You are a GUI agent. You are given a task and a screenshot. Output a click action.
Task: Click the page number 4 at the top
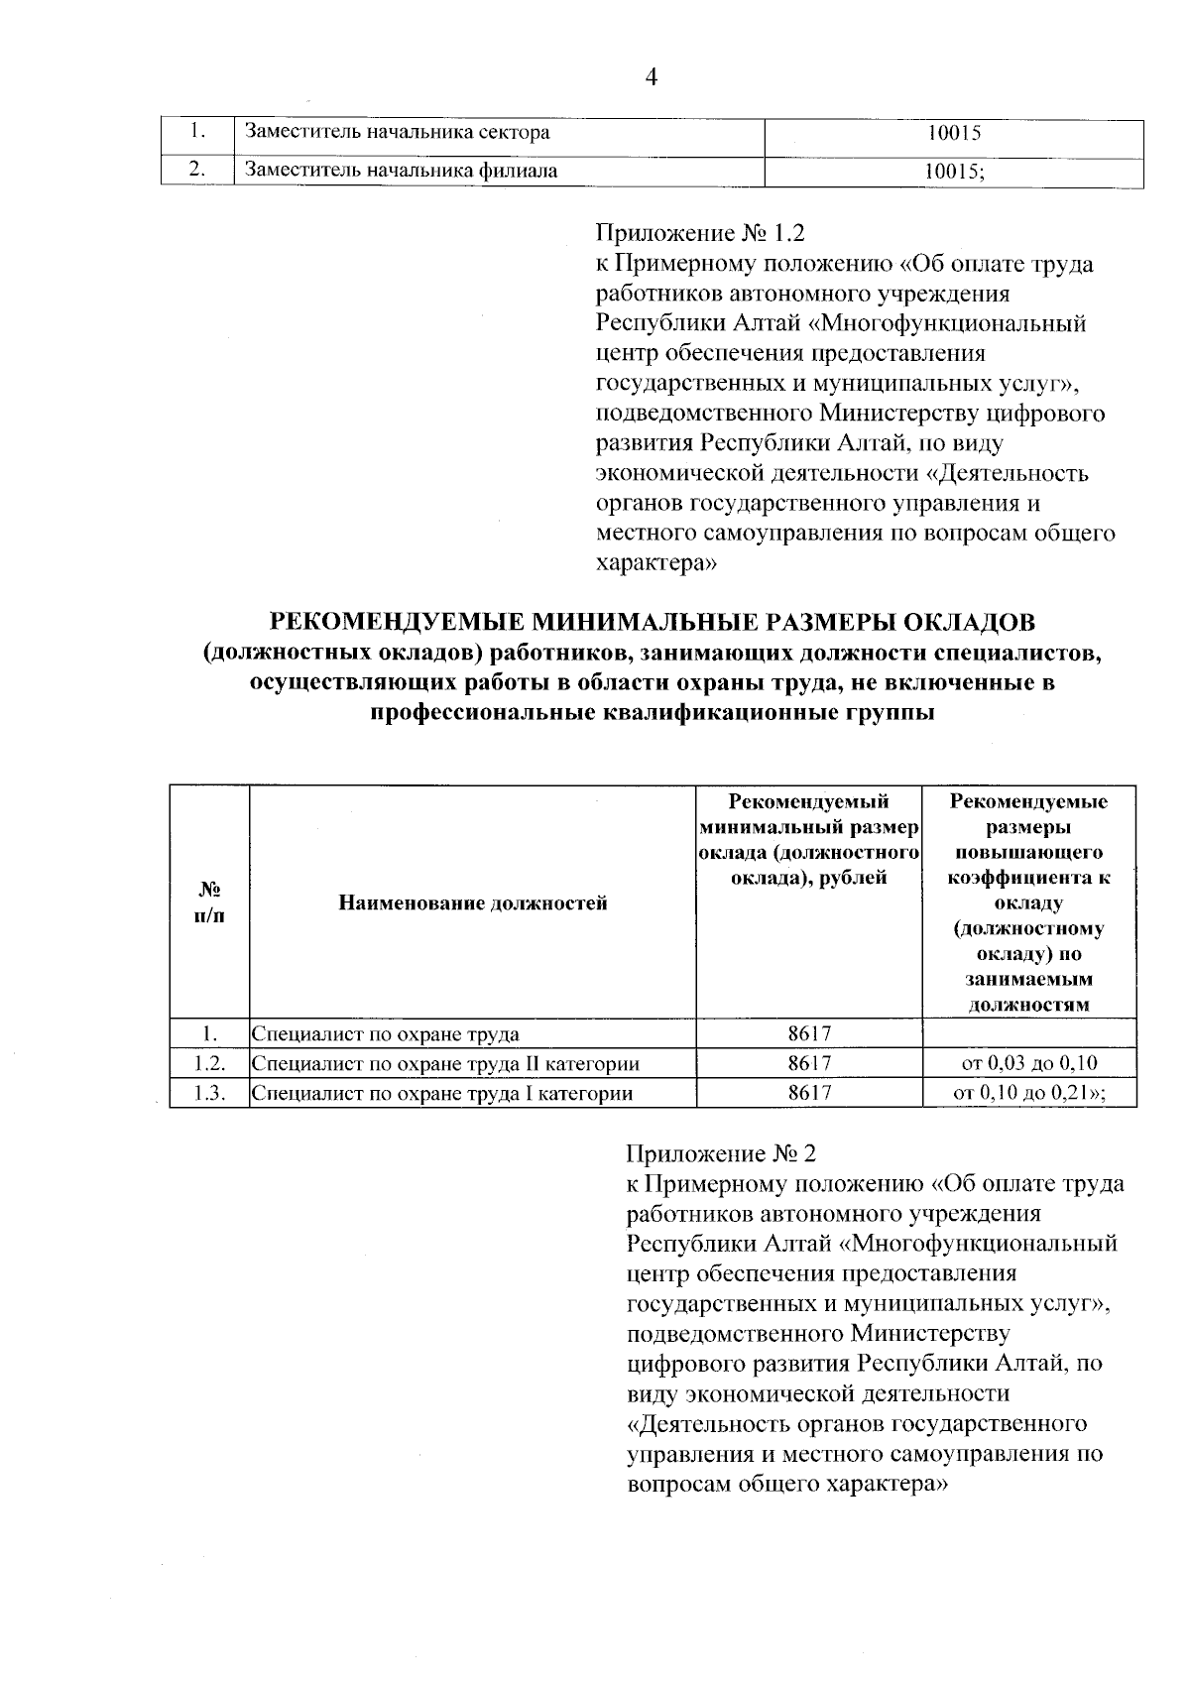(x=652, y=78)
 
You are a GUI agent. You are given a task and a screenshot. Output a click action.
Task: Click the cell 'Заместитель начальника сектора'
(x=398, y=132)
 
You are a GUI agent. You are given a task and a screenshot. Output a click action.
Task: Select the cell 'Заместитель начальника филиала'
(x=402, y=170)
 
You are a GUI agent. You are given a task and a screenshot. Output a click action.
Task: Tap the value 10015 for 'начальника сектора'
(x=954, y=132)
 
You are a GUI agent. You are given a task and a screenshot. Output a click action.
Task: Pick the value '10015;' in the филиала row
(x=954, y=170)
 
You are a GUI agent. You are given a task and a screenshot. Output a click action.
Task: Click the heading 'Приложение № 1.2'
(x=699, y=233)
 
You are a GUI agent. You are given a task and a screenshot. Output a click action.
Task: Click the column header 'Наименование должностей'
(x=473, y=902)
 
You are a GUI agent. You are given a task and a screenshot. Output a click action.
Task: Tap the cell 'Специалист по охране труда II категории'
(x=445, y=1064)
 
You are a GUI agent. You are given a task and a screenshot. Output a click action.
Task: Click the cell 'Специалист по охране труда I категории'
(x=442, y=1094)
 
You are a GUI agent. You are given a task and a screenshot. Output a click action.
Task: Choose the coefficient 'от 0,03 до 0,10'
(x=1029, y=1064)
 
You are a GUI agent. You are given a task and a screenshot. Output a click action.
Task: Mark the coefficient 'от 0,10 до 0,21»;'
(x=1029, y=1094)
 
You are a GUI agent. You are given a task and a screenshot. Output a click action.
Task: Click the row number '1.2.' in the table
(x=209, y=1064)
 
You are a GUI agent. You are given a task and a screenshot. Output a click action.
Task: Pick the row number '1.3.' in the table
(x=209, y=1094)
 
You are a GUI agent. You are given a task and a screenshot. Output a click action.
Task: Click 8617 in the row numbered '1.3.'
(x=809, y=1094)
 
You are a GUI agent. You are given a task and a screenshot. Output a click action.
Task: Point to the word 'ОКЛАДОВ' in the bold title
(x=967, y=623)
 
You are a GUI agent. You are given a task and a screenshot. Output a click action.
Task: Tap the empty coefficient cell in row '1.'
(x=1029, y=1033)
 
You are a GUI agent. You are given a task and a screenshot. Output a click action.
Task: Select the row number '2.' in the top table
(x=198, y=170)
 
